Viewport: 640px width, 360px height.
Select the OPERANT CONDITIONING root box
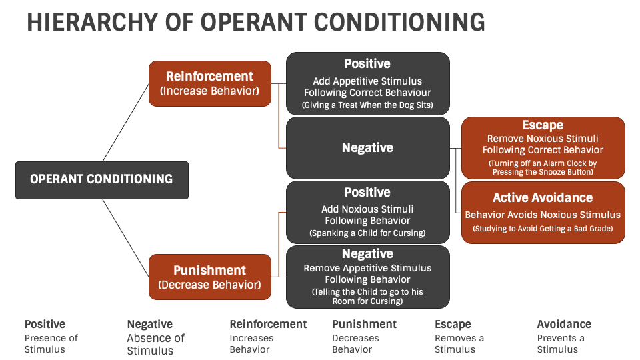click(x=101, y=179)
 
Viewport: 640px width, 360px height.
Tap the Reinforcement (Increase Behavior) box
click(x=209, y=83)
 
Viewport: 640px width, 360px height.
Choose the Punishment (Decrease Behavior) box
click(x=209, y=277)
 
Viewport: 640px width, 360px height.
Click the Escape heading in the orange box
click(x=543, y=125)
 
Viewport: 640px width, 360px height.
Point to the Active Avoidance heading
click(x=543, y=197)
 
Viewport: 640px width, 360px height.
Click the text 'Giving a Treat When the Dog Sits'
click(x=367, y=105)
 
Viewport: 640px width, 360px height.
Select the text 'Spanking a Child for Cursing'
click(x=367, y=233)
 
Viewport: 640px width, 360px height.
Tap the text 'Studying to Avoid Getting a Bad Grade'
click(x=543, y=229)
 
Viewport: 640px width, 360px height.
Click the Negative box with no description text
click(x=367, y=148)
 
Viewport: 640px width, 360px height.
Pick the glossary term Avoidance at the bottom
click(x=564, y=324)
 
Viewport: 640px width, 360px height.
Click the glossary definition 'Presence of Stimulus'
click(x=51, y=343)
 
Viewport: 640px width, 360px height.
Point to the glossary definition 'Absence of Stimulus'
click(x=155, y=344)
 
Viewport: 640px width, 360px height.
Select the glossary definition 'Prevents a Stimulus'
click(x=561, y=343)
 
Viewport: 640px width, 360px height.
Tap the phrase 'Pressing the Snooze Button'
click(x=543, y=172)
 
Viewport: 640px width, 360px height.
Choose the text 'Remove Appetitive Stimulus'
click(x=367, y=268)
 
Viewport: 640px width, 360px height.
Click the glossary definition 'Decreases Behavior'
click(x=355, y=343)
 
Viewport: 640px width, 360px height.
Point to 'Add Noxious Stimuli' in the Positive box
click(x=367, y=209)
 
